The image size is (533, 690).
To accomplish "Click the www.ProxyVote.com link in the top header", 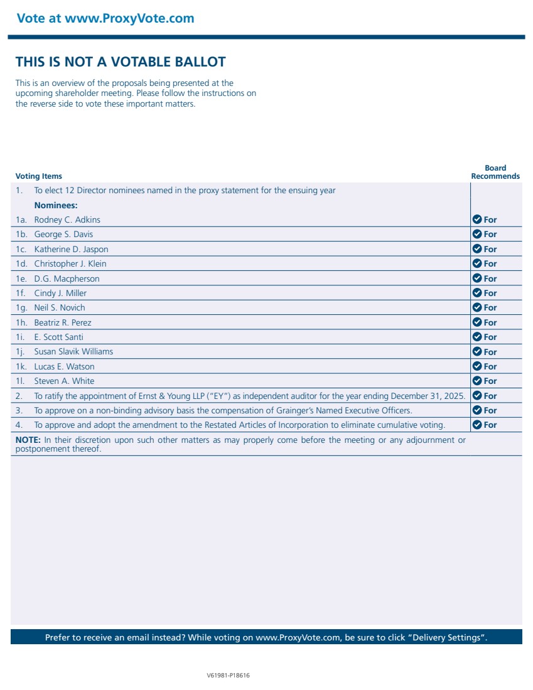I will pyautogui.click(x=129, y=18).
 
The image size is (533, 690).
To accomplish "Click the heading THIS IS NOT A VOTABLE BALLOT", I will pyautogui.click(x=121, y=61).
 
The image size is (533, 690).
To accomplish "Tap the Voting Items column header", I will pyautogui.click(x=39, y=176).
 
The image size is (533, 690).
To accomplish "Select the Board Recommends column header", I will pyautogui.click(x=495, y=172).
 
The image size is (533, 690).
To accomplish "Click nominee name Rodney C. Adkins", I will pyautogui.click(x=67, y=220).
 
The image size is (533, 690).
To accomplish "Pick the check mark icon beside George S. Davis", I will pyautogui.click(x=476, y=234).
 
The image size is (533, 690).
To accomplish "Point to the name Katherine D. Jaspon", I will pyautogui.click(x=71, y=249).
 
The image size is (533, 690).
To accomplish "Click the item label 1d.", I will pyautogui.click(x=21, y=263).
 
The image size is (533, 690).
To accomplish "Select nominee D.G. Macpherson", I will pyautogui.click(x=67, y=279).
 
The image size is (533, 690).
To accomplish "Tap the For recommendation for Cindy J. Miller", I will pyautogui.click(x=490, y=293).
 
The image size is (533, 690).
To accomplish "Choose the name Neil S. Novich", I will pyautogui.click(x=60, y=307).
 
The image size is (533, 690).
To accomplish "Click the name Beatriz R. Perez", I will pyautogui.click(x=62, y=322).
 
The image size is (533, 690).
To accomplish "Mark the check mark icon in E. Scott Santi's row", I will pyautogui.click(x=476, y=337).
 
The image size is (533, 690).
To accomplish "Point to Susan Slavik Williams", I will pyautogui.click(x=73, y=351).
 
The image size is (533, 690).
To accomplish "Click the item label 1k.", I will pyautogui.click(x=21, y=366).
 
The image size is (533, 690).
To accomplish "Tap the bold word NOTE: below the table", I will pyautogui.click(x=28, y=440).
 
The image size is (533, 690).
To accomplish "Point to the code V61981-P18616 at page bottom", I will pyautogui.click(x=229, y=676).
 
